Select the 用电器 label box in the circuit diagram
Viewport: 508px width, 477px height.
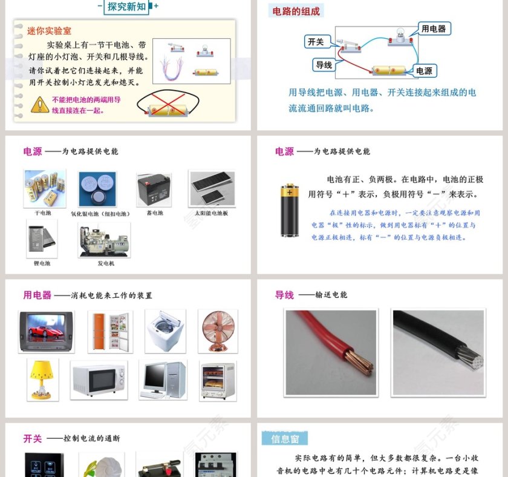[x=434, y=28]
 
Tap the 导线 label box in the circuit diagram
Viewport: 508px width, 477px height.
[x=324, y=65]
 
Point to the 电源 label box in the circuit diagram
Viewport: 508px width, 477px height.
[x=425, y=71]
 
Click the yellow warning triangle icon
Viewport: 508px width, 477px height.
[x=40, y=104]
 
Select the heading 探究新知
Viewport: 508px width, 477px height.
[x=127, y=7]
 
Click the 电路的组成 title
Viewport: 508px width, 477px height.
[x=296, y=11]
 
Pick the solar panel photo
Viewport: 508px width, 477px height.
[x=212, y=189]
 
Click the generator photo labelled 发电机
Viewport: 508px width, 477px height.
[x=104, y=240]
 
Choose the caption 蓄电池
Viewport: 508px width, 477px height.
[x=154, y=213]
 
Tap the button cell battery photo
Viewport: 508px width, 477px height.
[x=97, y=189]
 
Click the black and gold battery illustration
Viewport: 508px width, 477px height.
[x=290, y=209]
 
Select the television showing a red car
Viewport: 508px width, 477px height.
[x=47, y=331]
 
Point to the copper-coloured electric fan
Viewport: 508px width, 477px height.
[x=217, y=331]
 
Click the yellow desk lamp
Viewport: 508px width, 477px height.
[x=43, y=378]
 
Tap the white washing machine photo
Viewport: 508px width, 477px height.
[x=165, y=331]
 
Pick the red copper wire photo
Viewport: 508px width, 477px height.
[x=331, y=352]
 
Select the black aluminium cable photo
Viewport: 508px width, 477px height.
[x=438, y=352]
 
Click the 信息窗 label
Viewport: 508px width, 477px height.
[x=284, y=438]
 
